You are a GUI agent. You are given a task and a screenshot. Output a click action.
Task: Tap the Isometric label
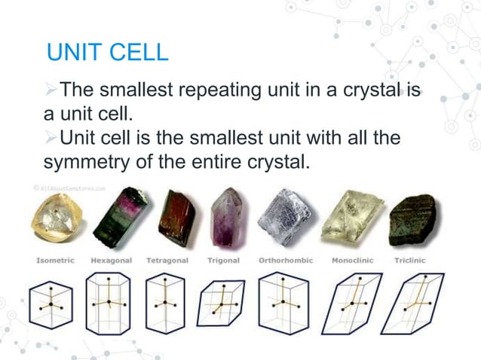(55, 261)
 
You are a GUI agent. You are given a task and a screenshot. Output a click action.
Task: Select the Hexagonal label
(112, 261)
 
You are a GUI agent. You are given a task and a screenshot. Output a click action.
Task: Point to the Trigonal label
(224, 261)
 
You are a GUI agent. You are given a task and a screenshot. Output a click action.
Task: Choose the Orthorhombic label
(285, 261)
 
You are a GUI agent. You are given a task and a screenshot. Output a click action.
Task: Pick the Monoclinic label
(349, 261)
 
